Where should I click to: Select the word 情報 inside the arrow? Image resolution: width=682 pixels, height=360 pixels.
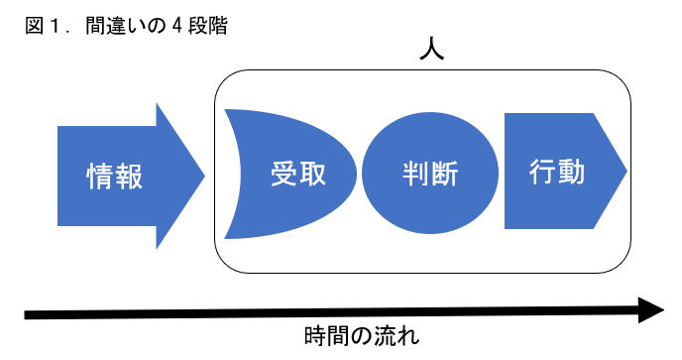pos(115,177)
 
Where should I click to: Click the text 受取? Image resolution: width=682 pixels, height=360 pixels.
pos(298,175)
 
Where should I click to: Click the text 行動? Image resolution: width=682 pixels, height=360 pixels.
pos(557,173)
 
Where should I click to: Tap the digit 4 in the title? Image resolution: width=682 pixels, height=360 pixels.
pos(177,27)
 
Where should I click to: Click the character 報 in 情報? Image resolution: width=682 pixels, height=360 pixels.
pos(130,177)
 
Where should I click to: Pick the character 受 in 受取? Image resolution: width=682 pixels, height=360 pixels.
pos(284,175)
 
